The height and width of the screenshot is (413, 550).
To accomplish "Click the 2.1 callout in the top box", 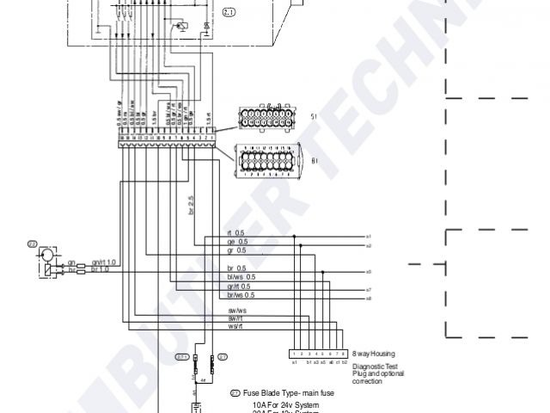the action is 229,12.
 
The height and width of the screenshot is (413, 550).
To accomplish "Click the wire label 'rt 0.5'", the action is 235,233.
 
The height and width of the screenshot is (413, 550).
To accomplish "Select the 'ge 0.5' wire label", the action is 236,242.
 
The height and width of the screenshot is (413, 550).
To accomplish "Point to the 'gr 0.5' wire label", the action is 236,250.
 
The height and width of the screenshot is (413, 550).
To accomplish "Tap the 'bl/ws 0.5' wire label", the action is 240,277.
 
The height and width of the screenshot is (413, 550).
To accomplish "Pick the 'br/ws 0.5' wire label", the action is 241,295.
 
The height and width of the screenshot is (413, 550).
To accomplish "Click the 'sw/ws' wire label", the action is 237,310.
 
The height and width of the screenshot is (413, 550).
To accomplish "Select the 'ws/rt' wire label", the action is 236,325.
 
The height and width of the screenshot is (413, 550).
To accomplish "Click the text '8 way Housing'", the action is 372,354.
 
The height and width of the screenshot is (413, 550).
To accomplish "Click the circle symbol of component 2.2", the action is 46,257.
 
